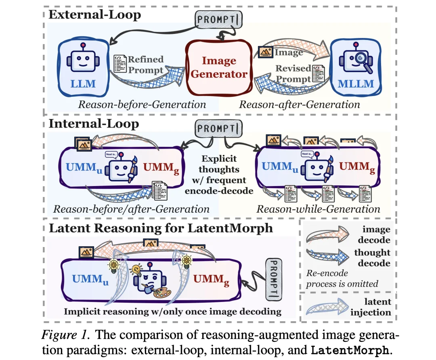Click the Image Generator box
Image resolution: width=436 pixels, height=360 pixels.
point(218,67)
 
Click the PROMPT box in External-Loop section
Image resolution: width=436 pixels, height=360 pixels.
point(218,19)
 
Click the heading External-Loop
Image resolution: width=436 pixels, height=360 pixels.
point(94,15)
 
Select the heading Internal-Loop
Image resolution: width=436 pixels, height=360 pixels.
point(94,123)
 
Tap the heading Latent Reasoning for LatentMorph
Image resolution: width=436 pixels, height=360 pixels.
point(161,228)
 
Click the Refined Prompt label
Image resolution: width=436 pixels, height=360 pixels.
point(145,65)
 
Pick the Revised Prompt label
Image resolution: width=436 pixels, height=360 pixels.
point(293,73)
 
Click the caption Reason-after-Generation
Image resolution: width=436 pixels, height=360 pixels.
point(299,105)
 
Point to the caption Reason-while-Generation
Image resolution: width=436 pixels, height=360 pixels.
point(318,209)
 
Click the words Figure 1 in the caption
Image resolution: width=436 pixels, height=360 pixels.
point(69,336)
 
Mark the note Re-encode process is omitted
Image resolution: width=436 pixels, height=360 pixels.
point(342,278)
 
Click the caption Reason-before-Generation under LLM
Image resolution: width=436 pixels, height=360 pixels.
point(142,105)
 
